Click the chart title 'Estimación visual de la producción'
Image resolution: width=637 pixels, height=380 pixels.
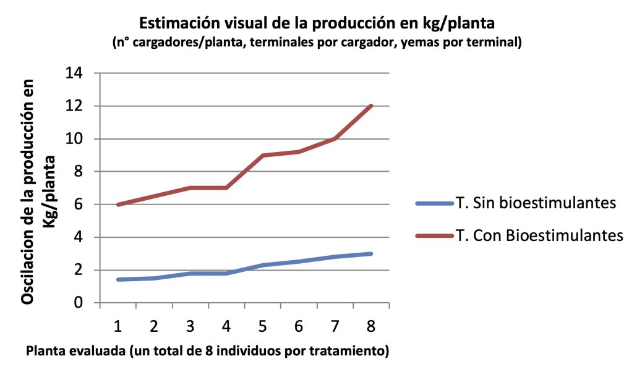coord(318,23)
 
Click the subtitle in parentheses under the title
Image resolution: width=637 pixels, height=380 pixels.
coord(318,43)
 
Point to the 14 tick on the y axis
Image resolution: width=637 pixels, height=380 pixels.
coord(74,74)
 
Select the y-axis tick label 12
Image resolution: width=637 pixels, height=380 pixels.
coord(74,106)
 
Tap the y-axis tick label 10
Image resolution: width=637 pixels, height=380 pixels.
coord(74,139)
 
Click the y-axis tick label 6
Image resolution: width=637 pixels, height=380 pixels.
coord(79,205)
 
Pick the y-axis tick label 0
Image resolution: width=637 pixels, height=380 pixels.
coord(79,303)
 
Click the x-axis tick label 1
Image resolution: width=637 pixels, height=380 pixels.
coord(118,326)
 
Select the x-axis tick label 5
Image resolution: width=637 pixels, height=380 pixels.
coord(263,326)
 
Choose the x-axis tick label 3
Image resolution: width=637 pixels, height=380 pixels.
coord(190,326)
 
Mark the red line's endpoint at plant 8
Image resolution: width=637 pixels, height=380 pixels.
coord(371,106)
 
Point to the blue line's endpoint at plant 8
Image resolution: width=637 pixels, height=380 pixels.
coord(371,253)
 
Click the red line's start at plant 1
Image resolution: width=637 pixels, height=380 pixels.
coord(118,205)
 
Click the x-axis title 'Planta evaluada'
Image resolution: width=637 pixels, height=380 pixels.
coord(207,352)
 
